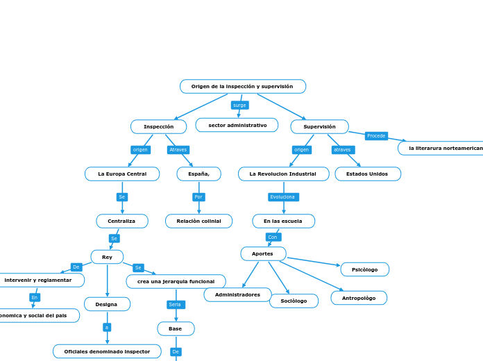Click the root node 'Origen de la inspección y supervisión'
(242, 86)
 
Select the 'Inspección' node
(158, 126)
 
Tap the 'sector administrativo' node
(237, 125)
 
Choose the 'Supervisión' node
(319, 126)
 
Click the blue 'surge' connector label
(239, 105)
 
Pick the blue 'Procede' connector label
(376, 136)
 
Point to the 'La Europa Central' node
(122, 174)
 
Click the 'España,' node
(198, 174)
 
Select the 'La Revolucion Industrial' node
(283, 174)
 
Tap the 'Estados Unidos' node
(368, 174)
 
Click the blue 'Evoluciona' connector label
(283, 197)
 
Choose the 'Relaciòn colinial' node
(198, 221)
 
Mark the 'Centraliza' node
(121, 221)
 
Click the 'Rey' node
(107, 257)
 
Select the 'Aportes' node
(263, 253)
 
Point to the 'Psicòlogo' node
(364, 269)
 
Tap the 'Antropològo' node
(359, 298)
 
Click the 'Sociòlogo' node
(294, 301)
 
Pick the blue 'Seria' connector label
(175, 304)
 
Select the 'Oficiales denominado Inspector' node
(107, 351)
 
